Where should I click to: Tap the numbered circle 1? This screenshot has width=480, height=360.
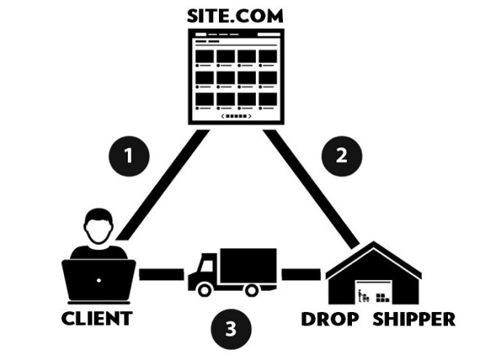[x=129, y=156]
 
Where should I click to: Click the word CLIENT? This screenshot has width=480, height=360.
[x=97, y=319]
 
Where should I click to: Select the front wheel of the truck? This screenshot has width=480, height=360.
[x=205, y=289]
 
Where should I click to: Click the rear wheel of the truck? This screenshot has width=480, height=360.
[x=252, y=289]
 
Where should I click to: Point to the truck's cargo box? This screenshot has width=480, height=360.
[x=247, y=265]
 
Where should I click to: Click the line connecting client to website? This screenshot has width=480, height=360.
[x=162, y=185]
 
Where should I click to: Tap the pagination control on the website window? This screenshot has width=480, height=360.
[x=236, y=116]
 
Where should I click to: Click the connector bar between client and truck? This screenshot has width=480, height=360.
[x=161, y=274]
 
